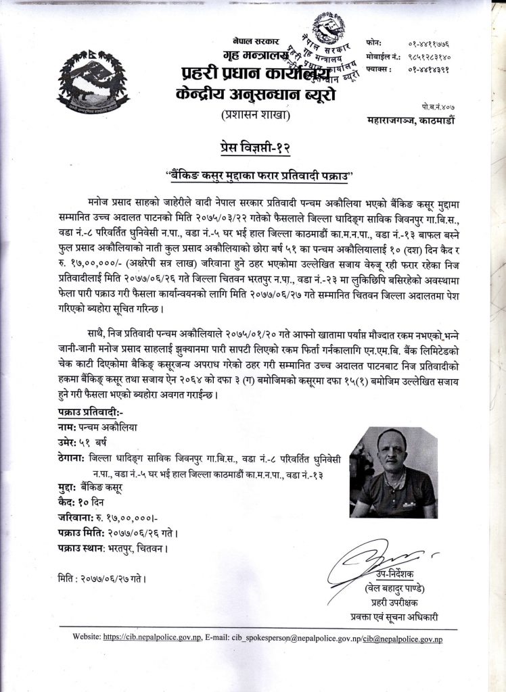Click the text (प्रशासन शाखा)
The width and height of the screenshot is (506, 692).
coord(254,115)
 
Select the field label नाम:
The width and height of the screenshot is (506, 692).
coord(69,427)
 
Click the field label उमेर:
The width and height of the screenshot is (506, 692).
coord(71,442)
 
